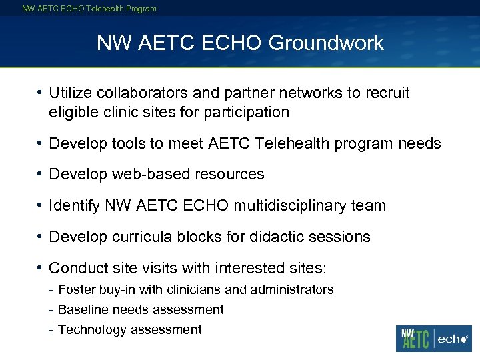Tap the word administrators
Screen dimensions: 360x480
294,290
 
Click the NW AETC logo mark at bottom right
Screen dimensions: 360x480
414,338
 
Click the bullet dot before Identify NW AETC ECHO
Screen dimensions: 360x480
41,205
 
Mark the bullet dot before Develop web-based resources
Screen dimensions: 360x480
41,174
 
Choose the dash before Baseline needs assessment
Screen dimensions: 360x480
51,310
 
